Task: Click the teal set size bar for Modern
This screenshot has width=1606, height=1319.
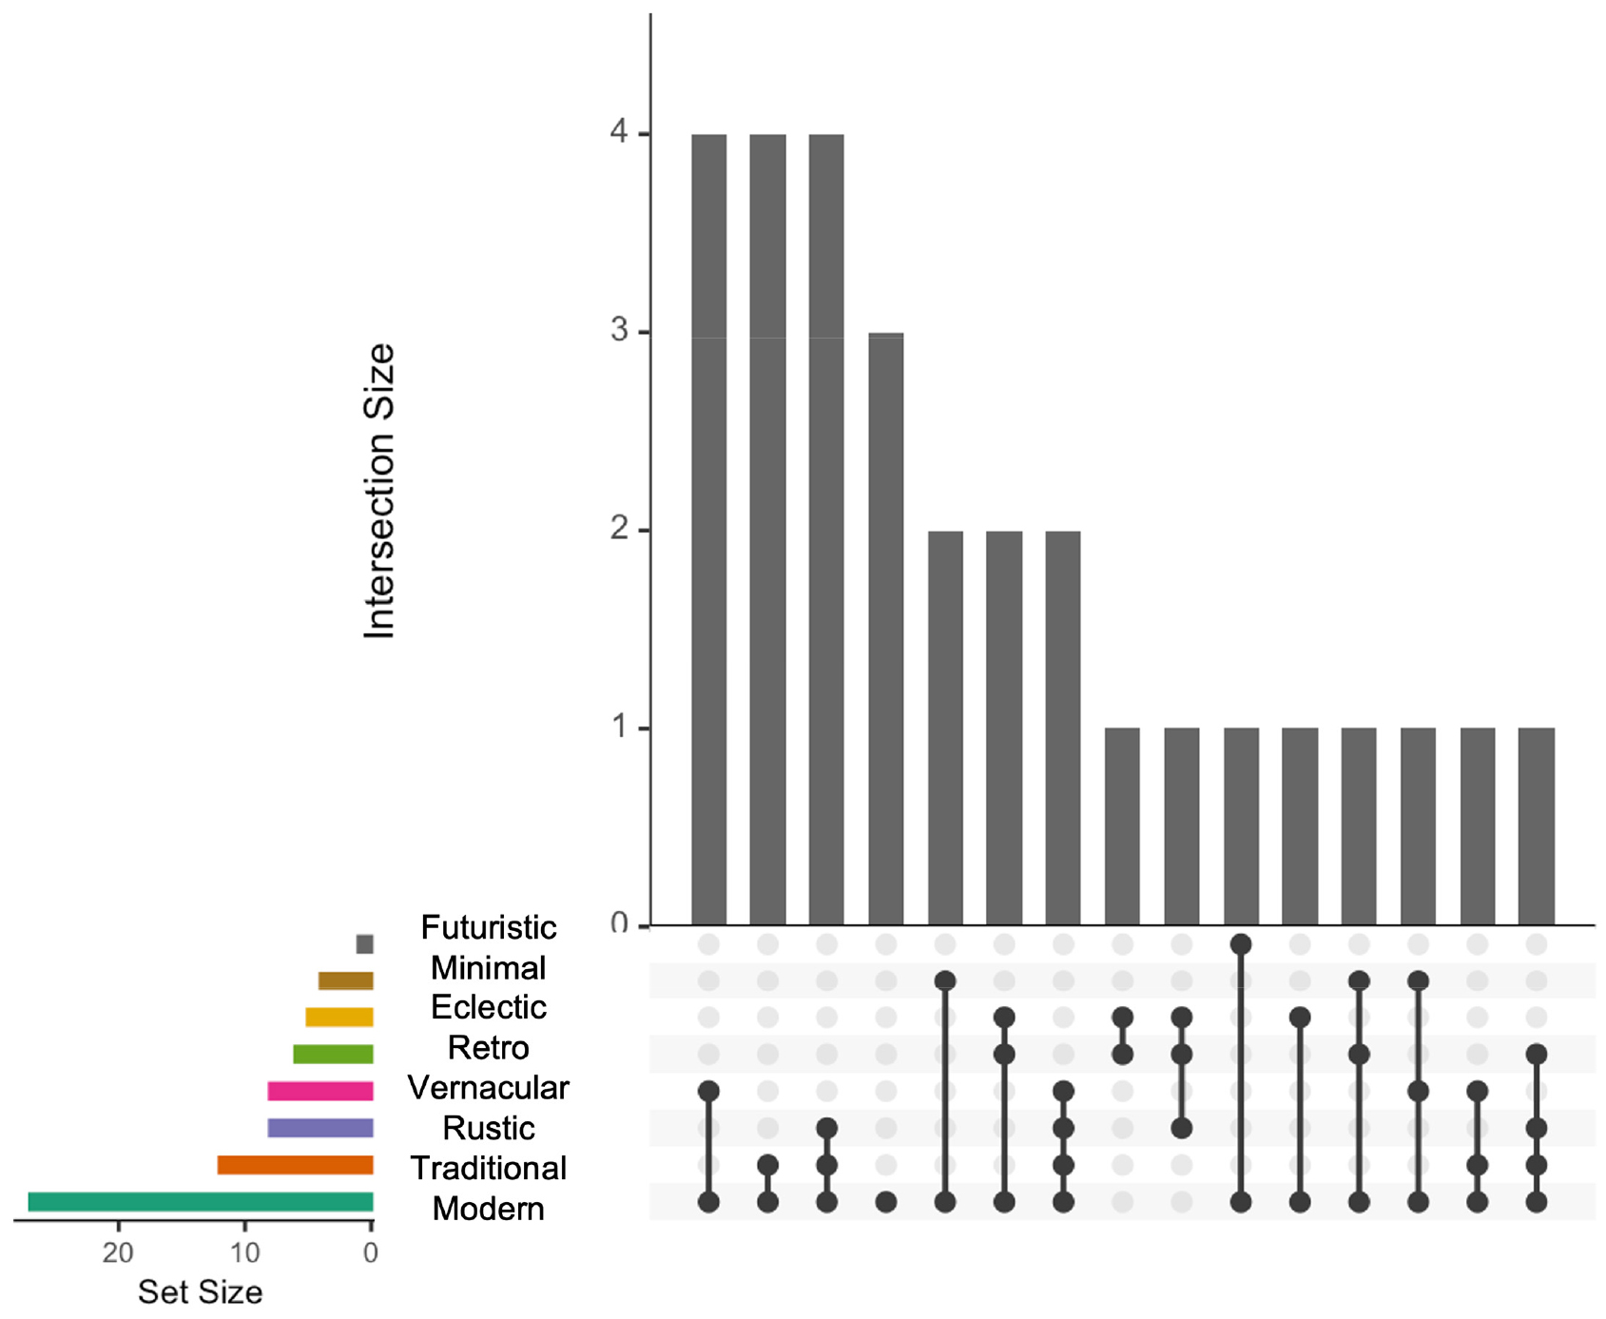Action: [201, 1201]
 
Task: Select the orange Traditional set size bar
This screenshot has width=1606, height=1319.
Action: [295, 1165]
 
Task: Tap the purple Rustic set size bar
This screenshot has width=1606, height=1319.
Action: [320, 1128]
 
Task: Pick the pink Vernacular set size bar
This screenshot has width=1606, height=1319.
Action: [320, 1091]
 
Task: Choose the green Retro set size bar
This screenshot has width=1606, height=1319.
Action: [333, 1054]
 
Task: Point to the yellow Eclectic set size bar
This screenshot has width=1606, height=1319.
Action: [339, 1017]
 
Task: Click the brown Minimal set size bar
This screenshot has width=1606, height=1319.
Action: [345, 980]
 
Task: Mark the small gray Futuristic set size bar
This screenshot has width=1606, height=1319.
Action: [364, 943]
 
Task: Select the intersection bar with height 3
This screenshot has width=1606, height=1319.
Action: [886, 628]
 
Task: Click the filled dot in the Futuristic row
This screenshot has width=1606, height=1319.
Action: [1241, 944]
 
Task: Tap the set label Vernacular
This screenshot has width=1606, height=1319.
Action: [488, 1088]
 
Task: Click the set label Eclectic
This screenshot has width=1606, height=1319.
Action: [488, 1007]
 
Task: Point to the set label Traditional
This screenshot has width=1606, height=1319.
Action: [488, 1168]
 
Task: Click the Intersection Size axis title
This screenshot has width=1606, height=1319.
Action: [379, 490]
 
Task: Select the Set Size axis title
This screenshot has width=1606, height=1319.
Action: [200, 1291]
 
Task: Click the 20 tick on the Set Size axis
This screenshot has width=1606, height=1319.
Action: [118, 1252]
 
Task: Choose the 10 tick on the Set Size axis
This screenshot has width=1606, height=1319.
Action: [244, 1252]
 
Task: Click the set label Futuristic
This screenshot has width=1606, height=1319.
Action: [488, 927]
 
